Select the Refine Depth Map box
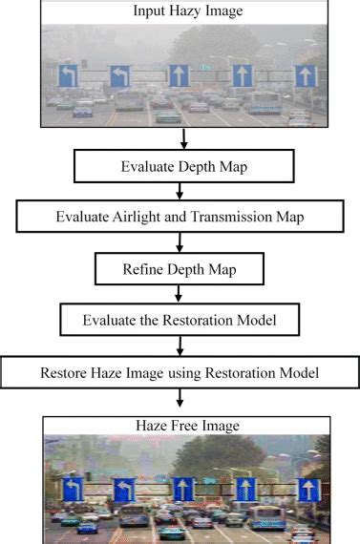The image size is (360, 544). [x=180, y=270]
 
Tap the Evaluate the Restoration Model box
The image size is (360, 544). [x=180, y=320]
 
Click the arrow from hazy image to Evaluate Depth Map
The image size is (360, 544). [x=180, y=139]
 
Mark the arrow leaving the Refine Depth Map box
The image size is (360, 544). [x=180, y=294]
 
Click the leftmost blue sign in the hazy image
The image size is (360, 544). [x=68, y=76]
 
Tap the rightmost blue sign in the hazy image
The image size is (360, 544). [x=306, y=76]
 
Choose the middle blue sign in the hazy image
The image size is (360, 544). [x=180, y=75]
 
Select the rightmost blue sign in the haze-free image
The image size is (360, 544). [x=307, y=491]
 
